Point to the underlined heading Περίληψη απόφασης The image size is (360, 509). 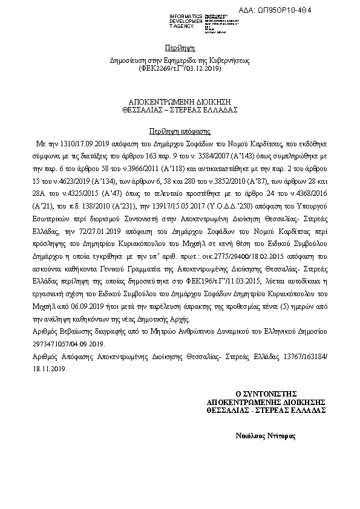180,131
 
